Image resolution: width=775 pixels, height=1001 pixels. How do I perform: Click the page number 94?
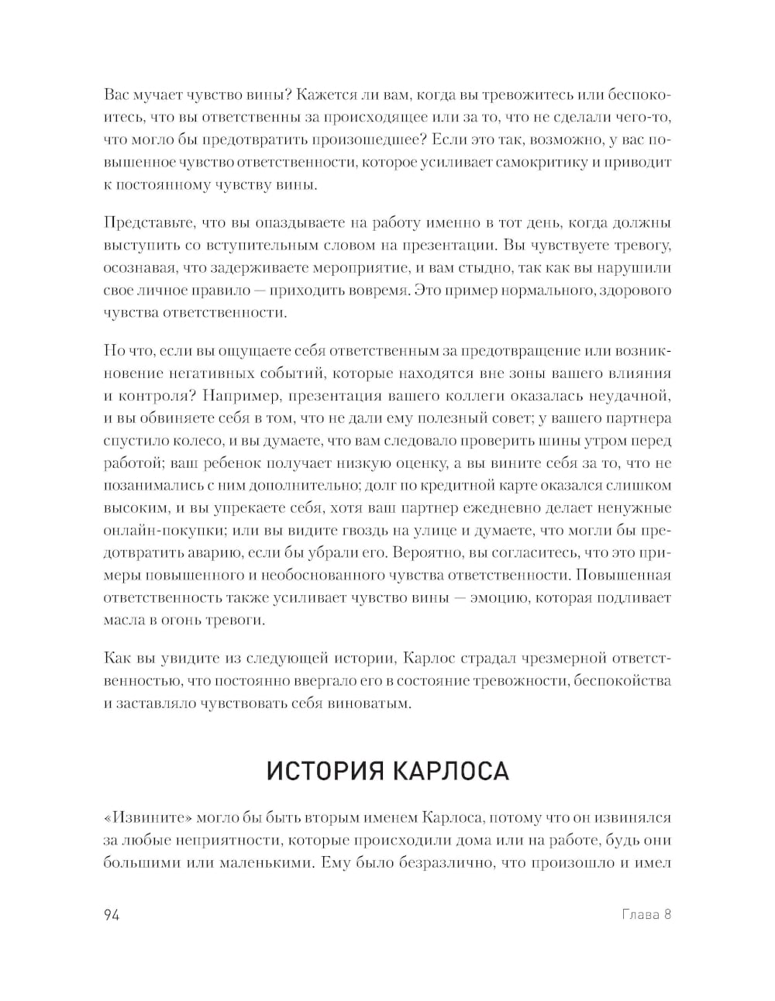[110, 914]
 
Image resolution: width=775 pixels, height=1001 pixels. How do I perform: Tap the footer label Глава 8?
[646, 914]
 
